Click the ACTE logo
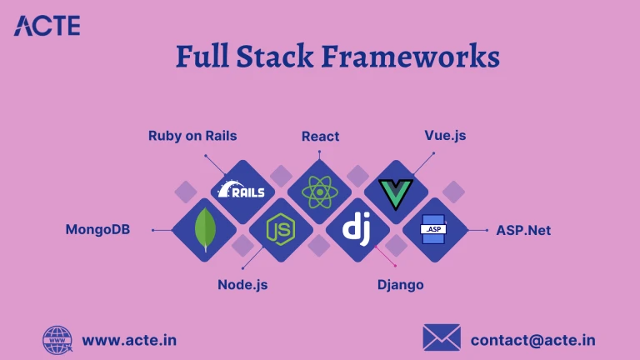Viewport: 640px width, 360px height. coord(47,26)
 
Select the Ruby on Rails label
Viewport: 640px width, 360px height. coord(192,135)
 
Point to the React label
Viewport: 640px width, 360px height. coord(320,136)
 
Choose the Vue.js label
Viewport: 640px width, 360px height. coord(445,135)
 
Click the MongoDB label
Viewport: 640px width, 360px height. coord(97,229)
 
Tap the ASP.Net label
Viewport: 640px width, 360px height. coord(523,229)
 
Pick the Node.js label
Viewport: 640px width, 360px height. coord(242,284)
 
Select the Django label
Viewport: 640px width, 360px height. coord(400,284)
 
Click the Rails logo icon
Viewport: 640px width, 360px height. coord(241,191)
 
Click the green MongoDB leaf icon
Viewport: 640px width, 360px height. coord(203,230)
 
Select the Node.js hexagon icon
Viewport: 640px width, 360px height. coord(280,230)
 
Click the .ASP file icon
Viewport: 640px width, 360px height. coord(433,229)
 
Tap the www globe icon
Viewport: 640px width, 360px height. coord(57,340)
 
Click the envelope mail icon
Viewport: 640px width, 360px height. coord(442,338)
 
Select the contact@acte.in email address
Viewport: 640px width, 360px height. coord(532,340)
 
